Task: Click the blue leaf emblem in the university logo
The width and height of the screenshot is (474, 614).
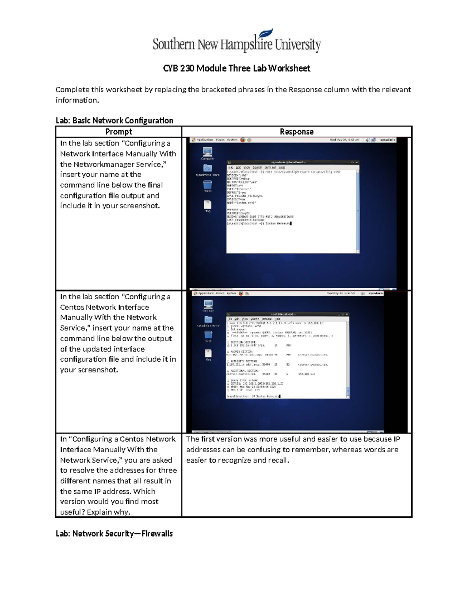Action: click(267, 33)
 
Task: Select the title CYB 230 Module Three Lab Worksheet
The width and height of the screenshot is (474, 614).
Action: click(237, 68)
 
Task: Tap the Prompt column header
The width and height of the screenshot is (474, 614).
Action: click(118, 132)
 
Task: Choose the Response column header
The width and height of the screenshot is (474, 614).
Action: click(296, 132)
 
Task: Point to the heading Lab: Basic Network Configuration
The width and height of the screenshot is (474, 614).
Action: click(114, 120)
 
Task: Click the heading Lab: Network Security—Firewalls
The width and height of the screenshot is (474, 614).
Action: click(114, 533)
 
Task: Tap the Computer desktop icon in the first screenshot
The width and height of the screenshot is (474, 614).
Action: click(207, 152)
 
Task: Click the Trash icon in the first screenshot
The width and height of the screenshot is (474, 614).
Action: click(207, 185)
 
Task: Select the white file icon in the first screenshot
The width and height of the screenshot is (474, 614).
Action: click(207, 204)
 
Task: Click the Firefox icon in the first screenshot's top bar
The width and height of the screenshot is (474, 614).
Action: click(243, 140)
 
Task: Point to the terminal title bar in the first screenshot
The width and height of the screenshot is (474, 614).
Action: click(292, 162)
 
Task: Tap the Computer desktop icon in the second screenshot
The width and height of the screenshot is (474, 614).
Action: click(208, 304)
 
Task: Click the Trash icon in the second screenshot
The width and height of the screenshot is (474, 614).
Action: click(208, 335)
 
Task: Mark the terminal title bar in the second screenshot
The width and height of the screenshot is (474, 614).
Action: click(287, 314)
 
